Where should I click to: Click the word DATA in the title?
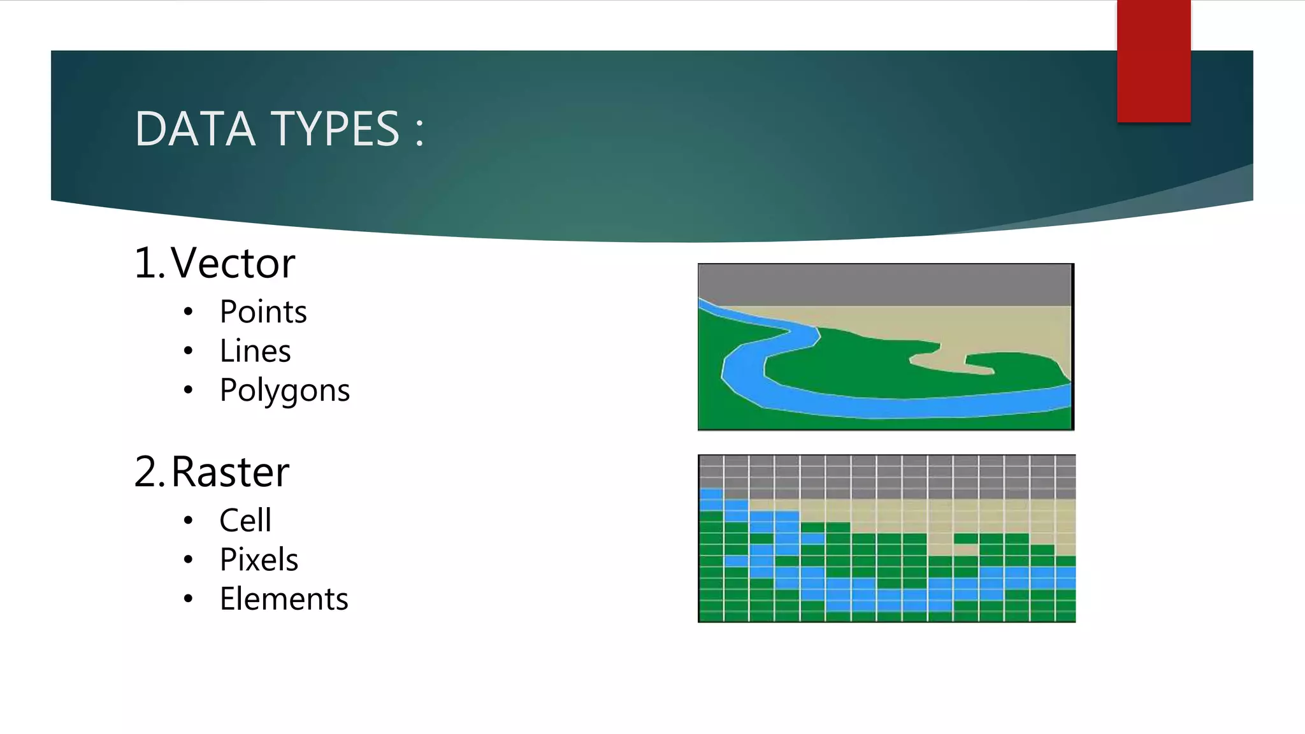coord(195,129)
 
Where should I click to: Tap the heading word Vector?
coord(233,263)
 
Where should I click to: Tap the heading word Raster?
coord(230,472)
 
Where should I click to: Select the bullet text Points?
coord(263,312)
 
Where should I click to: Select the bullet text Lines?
coord(255,351)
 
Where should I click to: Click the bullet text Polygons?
coord(284,391)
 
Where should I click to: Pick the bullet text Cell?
coord(245,521)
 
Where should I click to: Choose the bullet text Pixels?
coord(259,560)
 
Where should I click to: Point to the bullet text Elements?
coord(284,599)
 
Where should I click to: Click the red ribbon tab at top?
coord(1153,61)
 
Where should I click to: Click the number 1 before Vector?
coord(145,263)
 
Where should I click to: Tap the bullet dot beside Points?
coord(188,312)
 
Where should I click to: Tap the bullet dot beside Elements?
coord(188,599)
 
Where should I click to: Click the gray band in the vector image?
coord(886,284)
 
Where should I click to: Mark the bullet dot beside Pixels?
coord(188,560)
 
